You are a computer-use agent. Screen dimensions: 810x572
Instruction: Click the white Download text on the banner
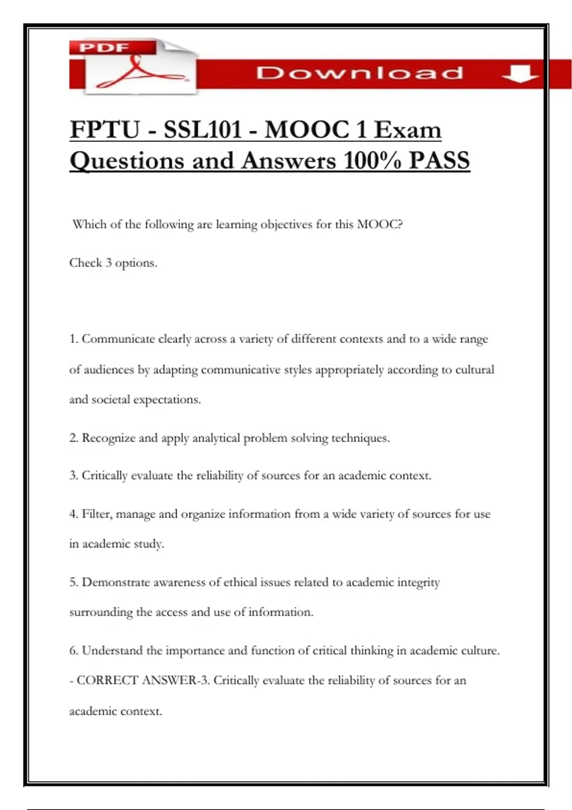[x=359, y=73]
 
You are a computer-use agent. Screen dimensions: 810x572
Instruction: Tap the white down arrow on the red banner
[x=519, y=74]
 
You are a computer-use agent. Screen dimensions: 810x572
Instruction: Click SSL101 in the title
[x=203, y=130]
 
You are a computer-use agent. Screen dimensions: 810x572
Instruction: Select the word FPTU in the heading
[x=105, y=130]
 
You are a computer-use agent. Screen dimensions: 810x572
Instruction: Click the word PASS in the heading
[x=439, y=161]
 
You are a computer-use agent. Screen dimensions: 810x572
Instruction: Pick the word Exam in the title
[x=408, y=130]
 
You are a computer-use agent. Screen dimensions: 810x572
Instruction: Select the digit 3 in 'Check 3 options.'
[x=109, y=263]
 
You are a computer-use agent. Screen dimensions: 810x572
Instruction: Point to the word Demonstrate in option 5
[x=116, y=582]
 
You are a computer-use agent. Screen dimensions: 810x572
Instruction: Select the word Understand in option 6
[x=112, y=651]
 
